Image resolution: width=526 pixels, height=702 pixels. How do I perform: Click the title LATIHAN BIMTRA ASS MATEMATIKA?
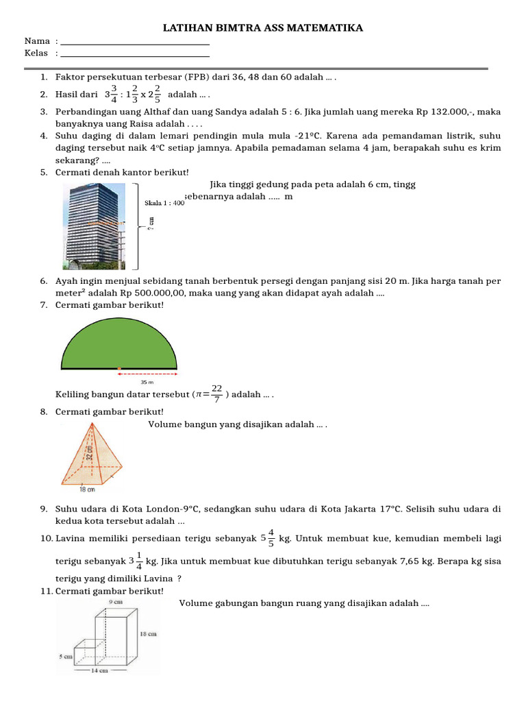(x=262, y=28)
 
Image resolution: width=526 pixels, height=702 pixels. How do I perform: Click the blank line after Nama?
(x=135, y=44)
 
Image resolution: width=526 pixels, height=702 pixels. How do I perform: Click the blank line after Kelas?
(x=135, y=55)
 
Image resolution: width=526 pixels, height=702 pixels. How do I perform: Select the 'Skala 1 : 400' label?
(x=164, y=203)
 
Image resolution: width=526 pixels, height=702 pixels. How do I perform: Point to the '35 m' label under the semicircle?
(x=147, y=382)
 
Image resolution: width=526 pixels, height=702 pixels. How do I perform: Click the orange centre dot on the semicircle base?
(x=119, y=368)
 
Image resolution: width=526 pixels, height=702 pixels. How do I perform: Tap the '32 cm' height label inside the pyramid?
(x=89, y=452)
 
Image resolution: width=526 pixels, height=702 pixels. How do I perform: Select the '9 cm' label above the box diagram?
(x=116, y=601)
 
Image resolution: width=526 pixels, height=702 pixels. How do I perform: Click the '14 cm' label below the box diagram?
(x=100, y=670)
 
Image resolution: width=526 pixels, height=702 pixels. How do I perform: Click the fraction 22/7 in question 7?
(x=216, y=394)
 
